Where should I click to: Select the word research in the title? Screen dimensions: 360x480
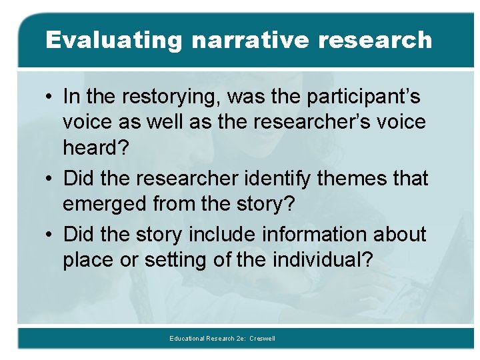[375, 40]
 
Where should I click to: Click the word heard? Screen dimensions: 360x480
[97, 148]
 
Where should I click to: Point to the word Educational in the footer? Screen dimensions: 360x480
[187, 339]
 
